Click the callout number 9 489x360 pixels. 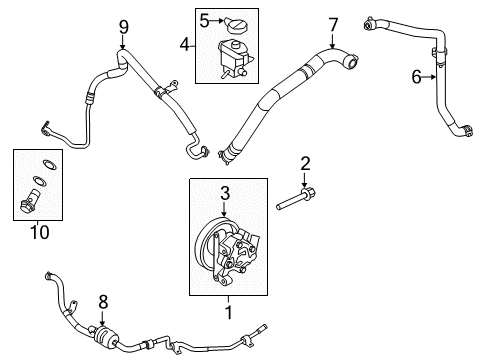[124, 27]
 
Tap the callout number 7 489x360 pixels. [333, 25]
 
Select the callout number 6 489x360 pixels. [416, 77]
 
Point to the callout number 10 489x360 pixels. [40, 232]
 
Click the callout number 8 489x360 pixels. [103, 302]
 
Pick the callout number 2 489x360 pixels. [305, 164]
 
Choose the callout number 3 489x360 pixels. [225, 193]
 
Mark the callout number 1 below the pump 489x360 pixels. [229, 312]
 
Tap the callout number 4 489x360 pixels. [184, 44]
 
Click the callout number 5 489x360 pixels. [204, 20]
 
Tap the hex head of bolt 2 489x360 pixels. [308, 193]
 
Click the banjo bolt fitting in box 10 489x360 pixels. [29, 201]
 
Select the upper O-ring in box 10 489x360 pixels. [50, 164]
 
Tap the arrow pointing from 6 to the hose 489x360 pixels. [429, 77]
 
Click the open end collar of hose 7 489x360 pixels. [351, 60]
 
